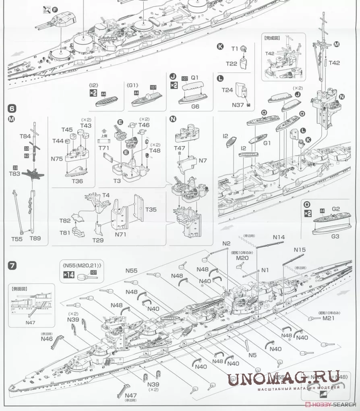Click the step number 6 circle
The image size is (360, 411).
tap(12, 109)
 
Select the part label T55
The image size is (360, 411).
tap(17, 239)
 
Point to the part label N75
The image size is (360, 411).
tap(57, 159)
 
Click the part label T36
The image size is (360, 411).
tap(77, 181)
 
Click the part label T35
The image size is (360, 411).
tap(151, 210)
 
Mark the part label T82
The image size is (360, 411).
tap(65, 221)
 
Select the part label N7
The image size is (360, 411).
tap(203, 161)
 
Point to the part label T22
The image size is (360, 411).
tap(232, 64)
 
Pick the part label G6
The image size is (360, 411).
tap(195, 107)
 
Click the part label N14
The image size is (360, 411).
tap(279, 237)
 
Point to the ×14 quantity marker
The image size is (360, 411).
tap(68, 276)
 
